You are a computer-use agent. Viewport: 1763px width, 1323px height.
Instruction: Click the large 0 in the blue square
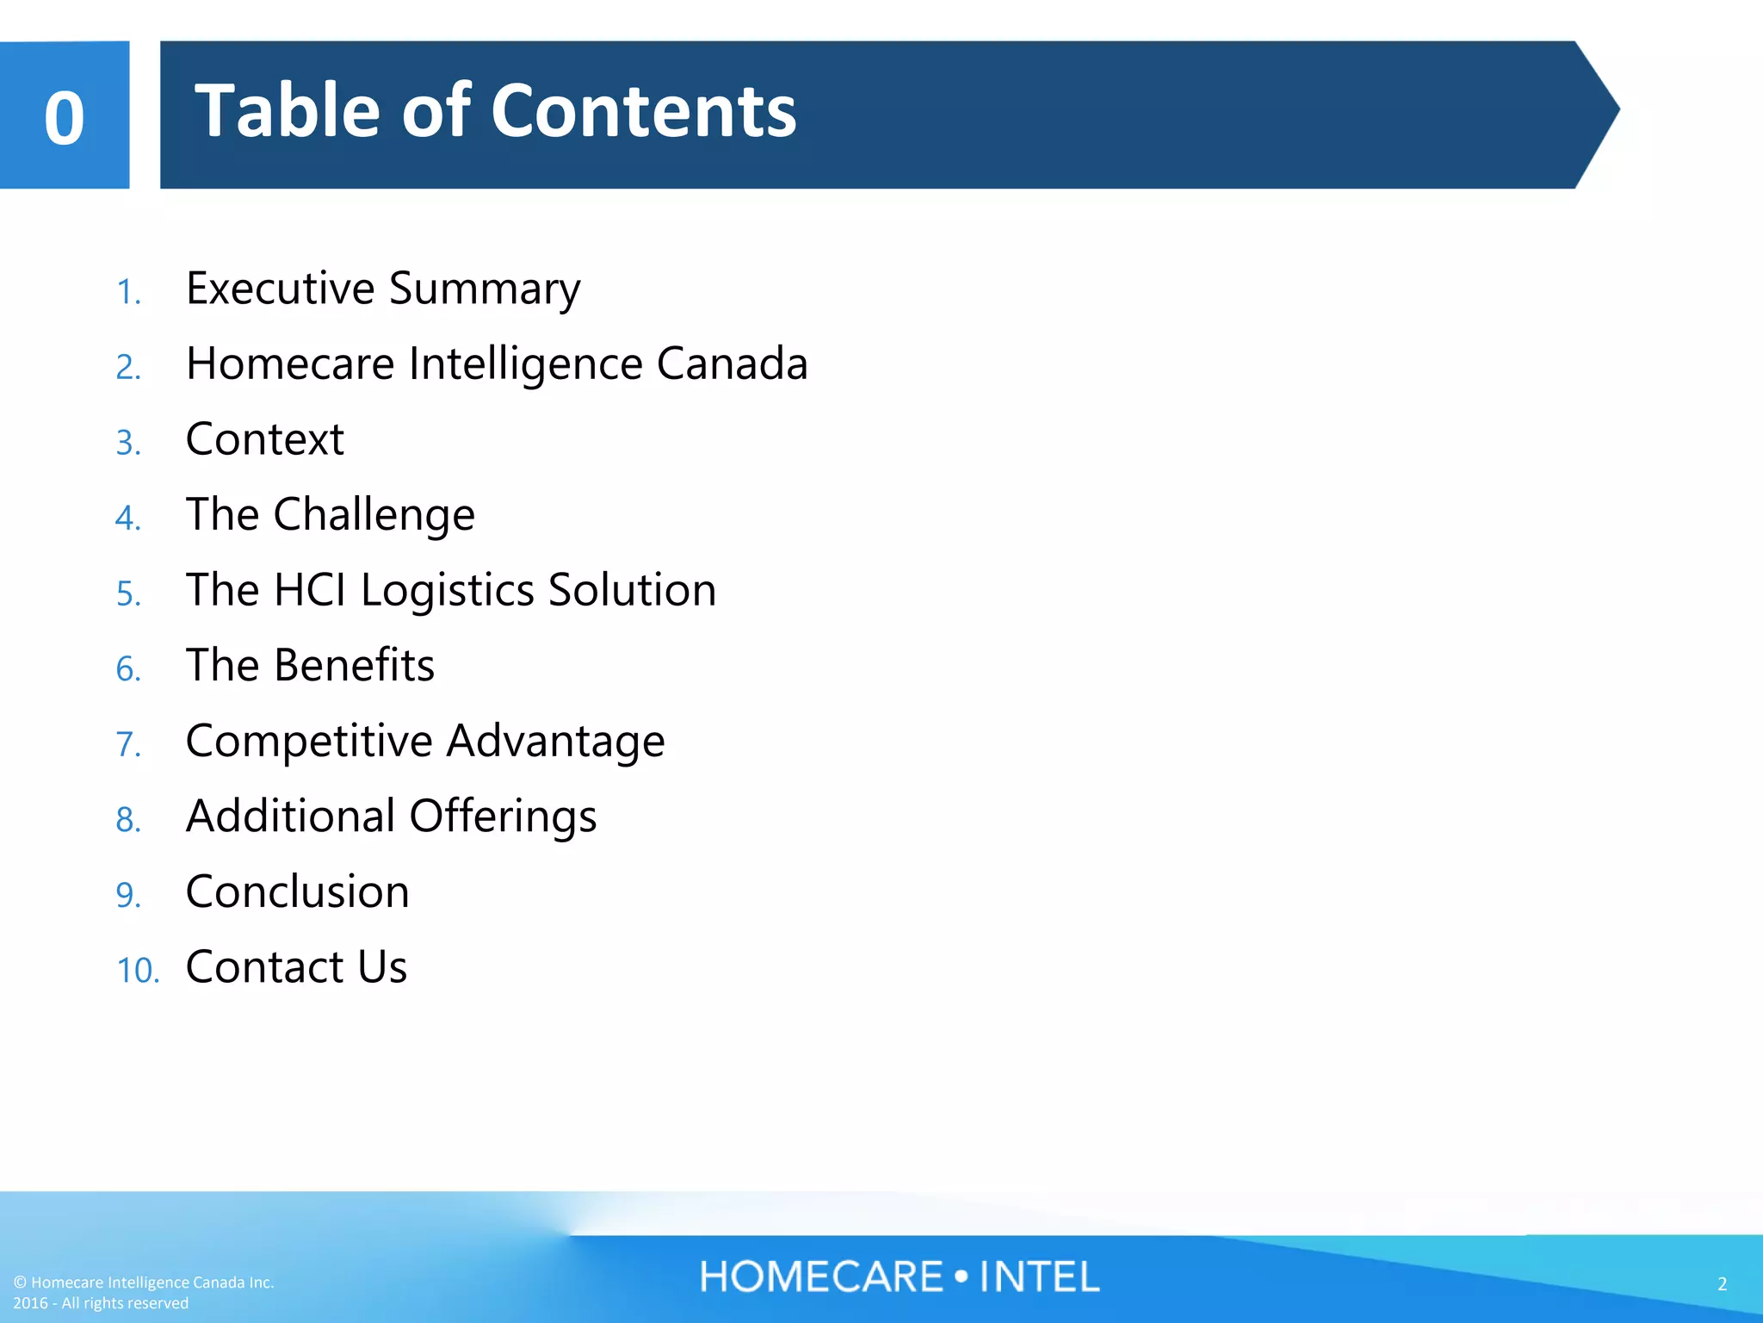(65, 118)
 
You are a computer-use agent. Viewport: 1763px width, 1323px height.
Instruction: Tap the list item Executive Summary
(383, 289)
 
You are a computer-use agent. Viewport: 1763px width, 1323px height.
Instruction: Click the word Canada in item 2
(732, 363)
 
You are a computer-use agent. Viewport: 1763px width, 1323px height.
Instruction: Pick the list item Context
(265, 439)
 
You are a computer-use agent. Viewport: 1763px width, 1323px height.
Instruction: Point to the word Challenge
(374, 515)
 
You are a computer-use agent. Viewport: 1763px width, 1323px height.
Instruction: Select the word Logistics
(448, 592)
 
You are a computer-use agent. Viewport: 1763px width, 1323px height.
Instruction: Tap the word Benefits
(354, 666)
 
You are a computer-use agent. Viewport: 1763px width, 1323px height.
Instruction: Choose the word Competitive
(309, 742)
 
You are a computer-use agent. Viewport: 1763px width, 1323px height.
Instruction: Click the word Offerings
(503, 817)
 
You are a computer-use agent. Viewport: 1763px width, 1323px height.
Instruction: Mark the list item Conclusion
(297, 891)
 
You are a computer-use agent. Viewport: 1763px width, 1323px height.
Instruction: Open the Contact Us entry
(296, 966)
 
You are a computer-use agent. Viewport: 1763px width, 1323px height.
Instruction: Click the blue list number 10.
(138, 971)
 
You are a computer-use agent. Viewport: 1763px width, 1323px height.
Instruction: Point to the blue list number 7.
(128, 745)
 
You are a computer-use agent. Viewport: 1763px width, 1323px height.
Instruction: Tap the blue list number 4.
(128, 519)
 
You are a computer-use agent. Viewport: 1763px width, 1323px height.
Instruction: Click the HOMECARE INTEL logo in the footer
(900, 1276)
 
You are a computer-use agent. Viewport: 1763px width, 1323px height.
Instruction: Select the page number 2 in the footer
(1722, 1283)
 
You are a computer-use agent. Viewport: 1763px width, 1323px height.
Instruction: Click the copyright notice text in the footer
(143, 1292)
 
